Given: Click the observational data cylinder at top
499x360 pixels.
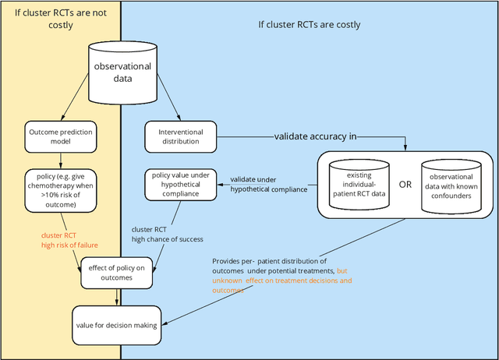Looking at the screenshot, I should coord(123,69).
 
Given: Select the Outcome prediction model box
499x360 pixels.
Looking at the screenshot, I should coord(59,136).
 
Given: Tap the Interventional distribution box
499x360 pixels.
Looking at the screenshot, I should coord(181,136).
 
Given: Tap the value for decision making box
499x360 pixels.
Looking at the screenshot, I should coord(115,324).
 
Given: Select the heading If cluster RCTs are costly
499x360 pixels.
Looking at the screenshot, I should coord(310,23).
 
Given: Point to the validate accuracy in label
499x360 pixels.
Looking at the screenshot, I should coord(315,136).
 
